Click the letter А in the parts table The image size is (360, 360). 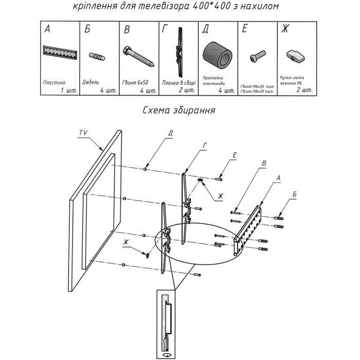47,30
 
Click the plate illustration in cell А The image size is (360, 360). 60,52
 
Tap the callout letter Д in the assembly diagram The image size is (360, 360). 170,133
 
